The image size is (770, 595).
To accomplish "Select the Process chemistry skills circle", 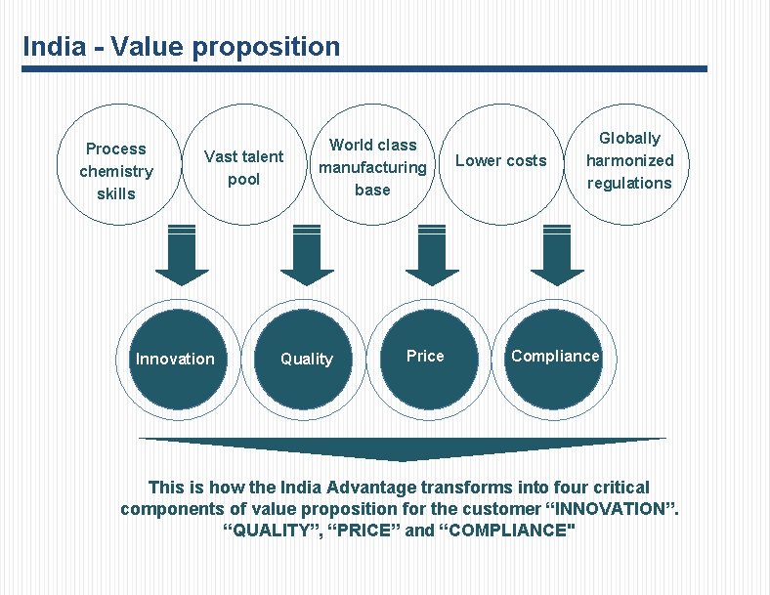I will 116,171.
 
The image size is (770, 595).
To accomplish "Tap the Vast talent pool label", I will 243,168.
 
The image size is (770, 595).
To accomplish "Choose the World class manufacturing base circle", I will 372,167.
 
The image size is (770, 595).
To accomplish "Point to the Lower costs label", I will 501,161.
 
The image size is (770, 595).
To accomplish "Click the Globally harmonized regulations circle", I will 629,161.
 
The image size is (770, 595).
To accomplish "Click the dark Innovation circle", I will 175,359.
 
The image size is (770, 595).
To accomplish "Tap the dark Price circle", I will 425,357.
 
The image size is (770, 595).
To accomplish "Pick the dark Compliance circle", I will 554,357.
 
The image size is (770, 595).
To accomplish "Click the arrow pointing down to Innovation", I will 181,255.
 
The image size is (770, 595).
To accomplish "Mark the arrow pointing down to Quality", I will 307,255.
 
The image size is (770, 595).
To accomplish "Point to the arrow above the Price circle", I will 432,255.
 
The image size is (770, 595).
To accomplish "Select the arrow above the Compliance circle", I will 557,255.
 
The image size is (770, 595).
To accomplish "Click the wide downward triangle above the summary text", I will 403,447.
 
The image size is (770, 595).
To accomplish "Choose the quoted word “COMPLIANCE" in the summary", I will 506,531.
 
